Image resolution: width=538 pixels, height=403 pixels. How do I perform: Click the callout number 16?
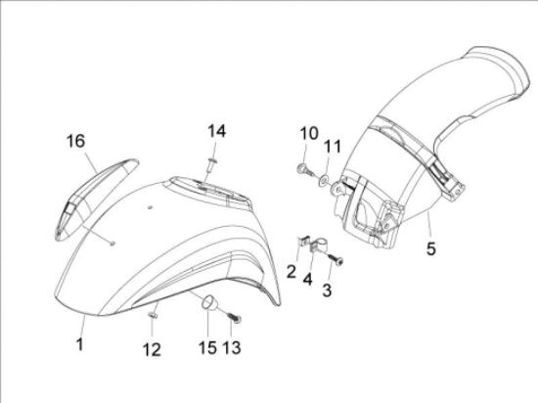pyautogui.click(x=75, y=141)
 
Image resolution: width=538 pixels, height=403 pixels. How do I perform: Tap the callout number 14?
pyautogui.click(x=217, y=131)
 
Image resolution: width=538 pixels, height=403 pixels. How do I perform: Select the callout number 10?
pyautogui.click(x=309, y=133)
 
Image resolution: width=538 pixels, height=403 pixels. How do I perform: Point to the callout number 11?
pyautogui.click(x=333, y=146)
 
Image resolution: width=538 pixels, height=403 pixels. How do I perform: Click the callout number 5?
pyautogui.click(x=431, y=248)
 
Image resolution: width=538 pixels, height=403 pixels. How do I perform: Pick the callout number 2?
pyautogui.click(x=291, y=272)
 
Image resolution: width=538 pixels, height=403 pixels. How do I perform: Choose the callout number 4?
pyautogui.click(x=307, y=279)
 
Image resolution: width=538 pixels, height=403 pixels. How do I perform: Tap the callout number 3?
pyautogui.click(x=327, y=291)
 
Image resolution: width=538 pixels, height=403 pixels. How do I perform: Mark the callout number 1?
pyautogui.click(x=79, y=344)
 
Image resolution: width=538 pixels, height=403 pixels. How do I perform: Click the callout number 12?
pyautogui.click(x=152, y=350)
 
